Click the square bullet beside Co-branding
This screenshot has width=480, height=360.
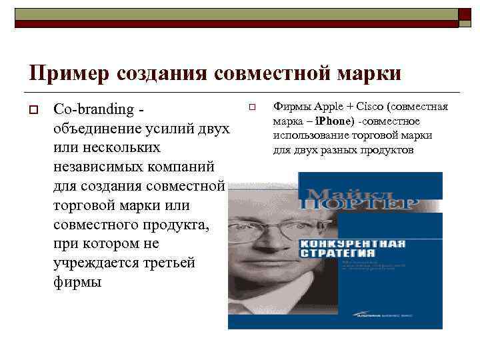pyautogui.click(x=31, y=108)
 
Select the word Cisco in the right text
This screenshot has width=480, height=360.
pyautogui.click(x=367, y=106)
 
